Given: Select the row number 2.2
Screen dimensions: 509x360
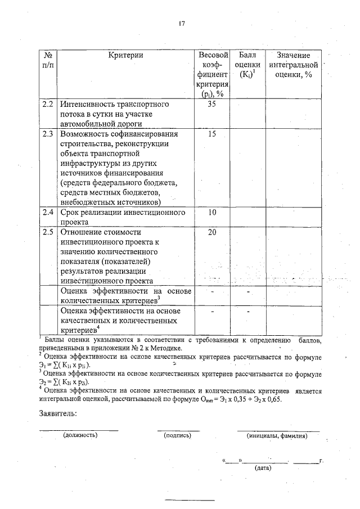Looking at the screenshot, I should pyautogui.click(x=48, y=104).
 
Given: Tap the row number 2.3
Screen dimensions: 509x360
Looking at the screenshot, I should pyautogui.click(x=48, y=134).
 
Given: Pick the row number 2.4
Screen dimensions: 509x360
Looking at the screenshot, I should pyautogui.click(x=48, y=213).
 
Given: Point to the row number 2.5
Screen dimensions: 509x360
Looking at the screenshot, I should pyautogui.click(x=48, y=231).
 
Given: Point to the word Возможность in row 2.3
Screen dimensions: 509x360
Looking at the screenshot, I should pyautogui.click(x=89, y=134).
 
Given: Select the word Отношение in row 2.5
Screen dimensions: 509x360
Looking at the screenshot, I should pyautogui.click(x=84, y=231).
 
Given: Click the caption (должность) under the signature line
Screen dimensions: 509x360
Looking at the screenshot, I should pyautogui.click(x=80, y=435).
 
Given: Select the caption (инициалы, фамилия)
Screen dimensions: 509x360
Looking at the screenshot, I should pyautogui.click(x=277, y=435).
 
